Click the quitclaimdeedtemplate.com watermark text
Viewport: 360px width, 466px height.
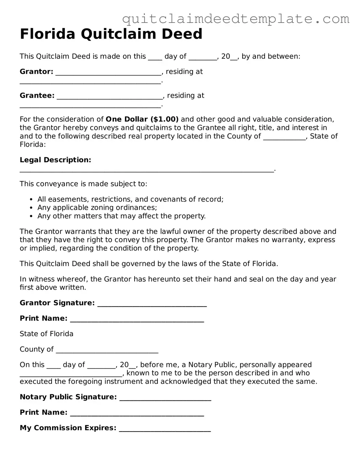click(x=236, y=19)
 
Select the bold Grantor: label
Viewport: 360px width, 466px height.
click(x=37, y=72)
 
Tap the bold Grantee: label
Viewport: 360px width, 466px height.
click(x=37, y=96)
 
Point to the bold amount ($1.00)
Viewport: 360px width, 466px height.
click(x=164, y=119)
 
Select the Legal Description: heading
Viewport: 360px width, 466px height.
click(x=55, y=160)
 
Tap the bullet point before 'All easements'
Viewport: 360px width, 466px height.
click(x=31, y=200)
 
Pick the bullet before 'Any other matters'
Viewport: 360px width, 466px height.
click(x=31, y=216)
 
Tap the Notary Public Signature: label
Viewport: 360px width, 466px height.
click(x=68, y=397)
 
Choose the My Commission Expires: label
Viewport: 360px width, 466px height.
click(x=68, y=428)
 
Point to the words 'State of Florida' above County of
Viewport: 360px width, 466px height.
click(x=46, y=334)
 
